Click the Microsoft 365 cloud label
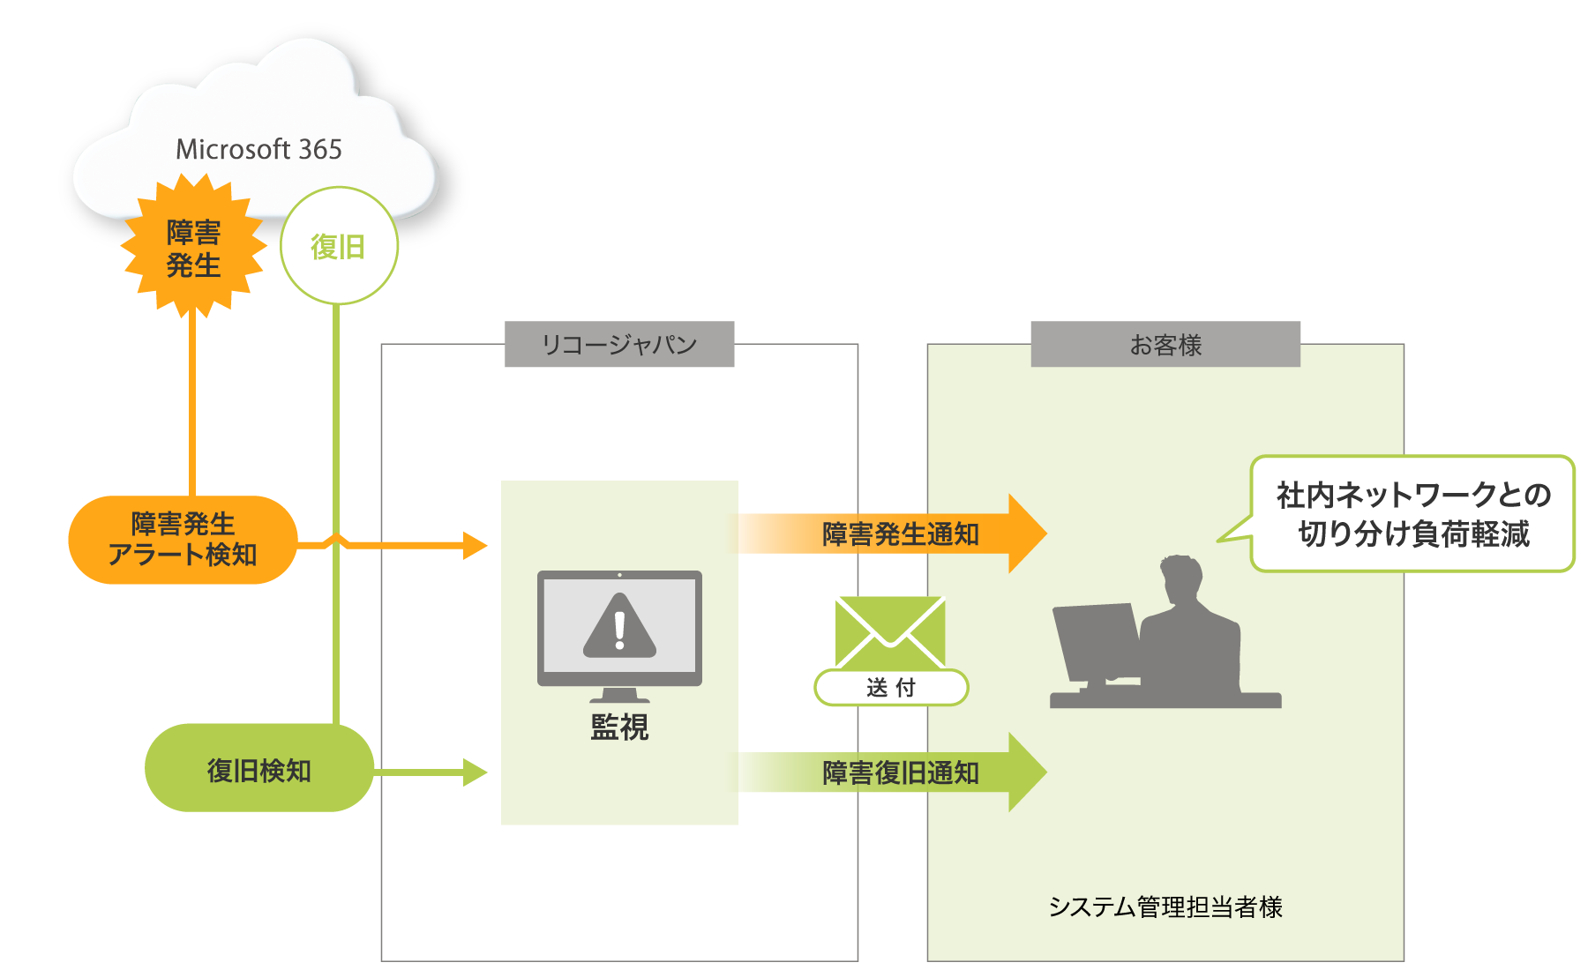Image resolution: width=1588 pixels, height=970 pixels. [258, 150]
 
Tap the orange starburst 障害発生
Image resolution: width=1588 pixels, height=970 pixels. [193, 249]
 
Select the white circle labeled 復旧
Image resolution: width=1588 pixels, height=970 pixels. [339, 246]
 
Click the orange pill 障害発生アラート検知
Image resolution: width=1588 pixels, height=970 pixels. [183, 540]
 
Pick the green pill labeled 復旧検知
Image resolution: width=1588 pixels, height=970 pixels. [258, 770]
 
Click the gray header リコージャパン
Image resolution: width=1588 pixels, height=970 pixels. [618, 345]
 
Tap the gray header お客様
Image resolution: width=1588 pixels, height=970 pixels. [1165, 345]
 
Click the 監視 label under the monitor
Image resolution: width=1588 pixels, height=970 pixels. [619, 727]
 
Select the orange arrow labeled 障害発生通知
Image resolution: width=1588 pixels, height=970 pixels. [900, 534]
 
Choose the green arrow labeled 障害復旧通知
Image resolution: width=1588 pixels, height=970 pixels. [900, 772]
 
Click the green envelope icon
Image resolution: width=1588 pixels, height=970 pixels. [889, 631]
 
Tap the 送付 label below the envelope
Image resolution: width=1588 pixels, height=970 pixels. [891, 688]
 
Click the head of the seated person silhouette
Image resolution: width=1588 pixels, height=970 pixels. [1181, 578]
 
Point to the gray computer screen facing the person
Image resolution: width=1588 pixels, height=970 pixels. [1097, 640]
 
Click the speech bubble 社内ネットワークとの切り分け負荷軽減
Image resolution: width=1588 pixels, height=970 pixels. [1412, 514]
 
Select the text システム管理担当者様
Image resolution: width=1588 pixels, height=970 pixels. [1165, 907]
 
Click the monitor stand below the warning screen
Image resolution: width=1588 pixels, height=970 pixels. [619, 695]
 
